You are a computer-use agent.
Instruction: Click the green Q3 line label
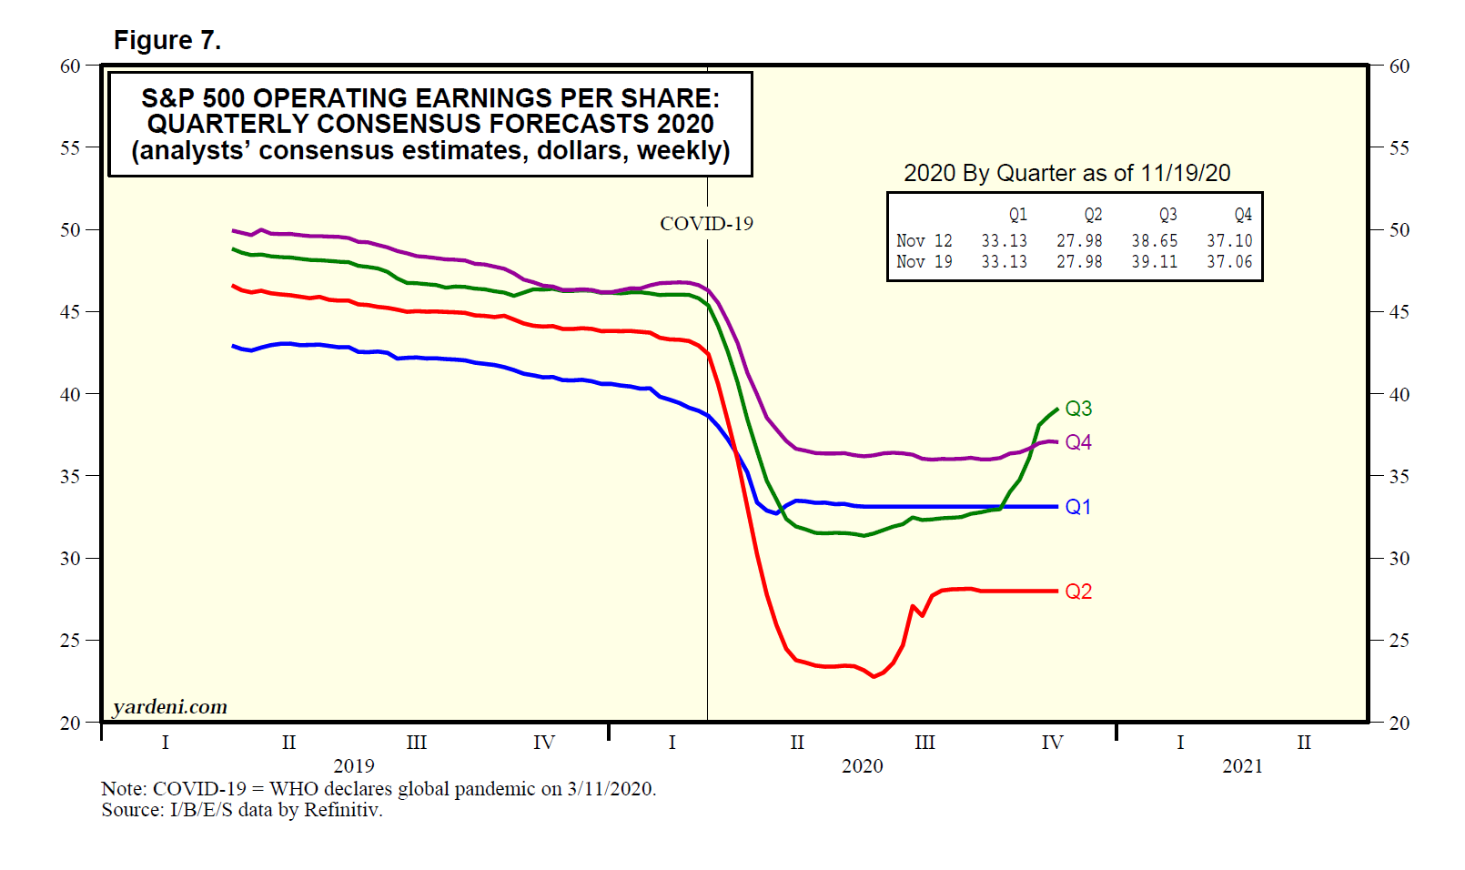pyautogui.click(x=1078, y=409)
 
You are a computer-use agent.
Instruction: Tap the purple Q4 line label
pyautogui.click(x=1078, y=442)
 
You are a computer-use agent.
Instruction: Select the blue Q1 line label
pyautogui.click(x=1078, y=507)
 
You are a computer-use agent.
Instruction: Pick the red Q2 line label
pyautogui.click(x=1078, y=592)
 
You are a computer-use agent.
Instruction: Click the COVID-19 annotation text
pyautogui.click(x=706, y=224)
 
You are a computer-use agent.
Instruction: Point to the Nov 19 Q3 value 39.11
pyautogui.click(x=1154, y=262)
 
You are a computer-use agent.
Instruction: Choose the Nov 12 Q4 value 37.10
pyautogui.click(x=1229, y=241)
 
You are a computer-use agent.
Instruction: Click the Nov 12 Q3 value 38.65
pyautogui.click(x=1154, y=241)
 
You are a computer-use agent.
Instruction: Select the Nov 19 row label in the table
pyautogui.click(x=924, y=262)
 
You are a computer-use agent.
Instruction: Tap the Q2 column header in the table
pyautogui.click(x=1093, y=215)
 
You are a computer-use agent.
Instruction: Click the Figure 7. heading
pyautogui.click(x=167, y=41)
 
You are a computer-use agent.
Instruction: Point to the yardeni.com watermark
pyautogui.click(x=170, y=707)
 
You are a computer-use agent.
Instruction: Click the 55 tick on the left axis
pyautogui.click(x=70, y=147)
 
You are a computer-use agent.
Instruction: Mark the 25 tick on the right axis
pyautogui.click(x=1399, y=641)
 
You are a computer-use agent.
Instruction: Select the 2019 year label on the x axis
pyautogui.click(x=353, y=766)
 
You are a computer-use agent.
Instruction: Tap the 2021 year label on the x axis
pyautogui.click(x=1242, y=766)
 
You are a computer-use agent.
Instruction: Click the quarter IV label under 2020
pyautogui.click(x=1052, y=743)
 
